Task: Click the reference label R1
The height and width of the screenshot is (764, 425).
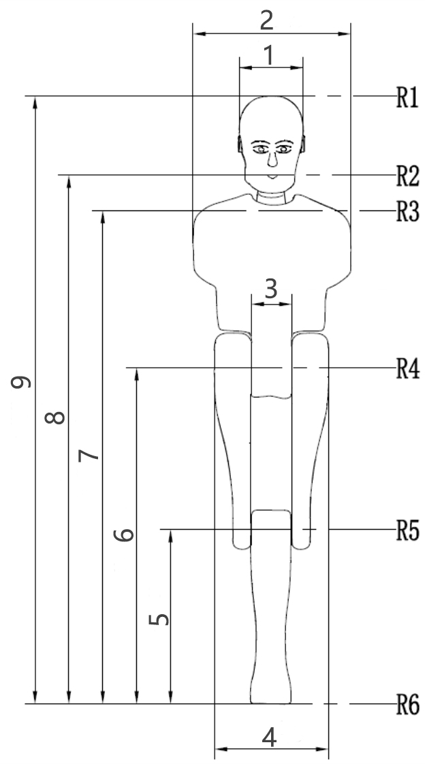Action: tap(407, 97)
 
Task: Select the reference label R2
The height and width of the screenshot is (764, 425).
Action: tap(407, 176)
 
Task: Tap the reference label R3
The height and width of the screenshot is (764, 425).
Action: tap(407, 212)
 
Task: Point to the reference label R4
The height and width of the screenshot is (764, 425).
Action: tap(407, 369)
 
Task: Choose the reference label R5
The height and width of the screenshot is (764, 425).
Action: tap(407, 530)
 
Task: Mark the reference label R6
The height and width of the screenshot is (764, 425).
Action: tap(407, 705)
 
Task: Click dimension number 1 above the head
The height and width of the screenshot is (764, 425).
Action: tap(268, 56)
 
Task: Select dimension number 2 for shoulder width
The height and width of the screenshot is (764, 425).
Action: tap(266, 20)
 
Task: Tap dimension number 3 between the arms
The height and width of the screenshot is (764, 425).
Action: tap(271, 289)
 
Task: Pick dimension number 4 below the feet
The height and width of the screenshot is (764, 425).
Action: tap(270, 737)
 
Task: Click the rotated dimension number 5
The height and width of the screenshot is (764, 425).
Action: tap(159, 619)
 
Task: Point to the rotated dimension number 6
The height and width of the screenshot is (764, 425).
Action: tap(124, 535)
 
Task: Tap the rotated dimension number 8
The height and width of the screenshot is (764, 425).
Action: tap(54, 417)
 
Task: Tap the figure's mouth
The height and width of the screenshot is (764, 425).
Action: tap(273, 176)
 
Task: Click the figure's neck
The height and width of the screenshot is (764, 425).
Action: tap(271, 198)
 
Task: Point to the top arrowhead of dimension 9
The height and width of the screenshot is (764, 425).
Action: tap(35, 102)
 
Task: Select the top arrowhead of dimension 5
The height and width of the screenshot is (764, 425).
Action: tap(170, 535)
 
